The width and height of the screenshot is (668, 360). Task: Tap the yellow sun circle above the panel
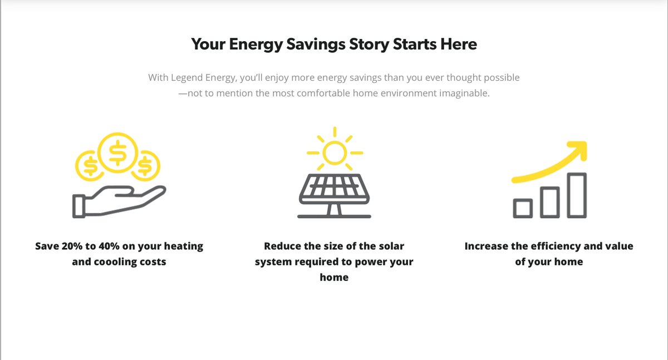click(x=335, y=152)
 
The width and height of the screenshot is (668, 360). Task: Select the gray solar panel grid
click(x=335, y=189)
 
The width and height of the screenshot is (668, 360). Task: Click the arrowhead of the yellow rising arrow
click(x=577, y=150)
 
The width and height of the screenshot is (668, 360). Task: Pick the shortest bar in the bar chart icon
click(x=523, y=208)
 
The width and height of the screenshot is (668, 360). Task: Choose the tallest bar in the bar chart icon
click(x=577, y=195)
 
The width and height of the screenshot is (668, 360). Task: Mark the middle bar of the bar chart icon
click(x=550, y=201)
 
